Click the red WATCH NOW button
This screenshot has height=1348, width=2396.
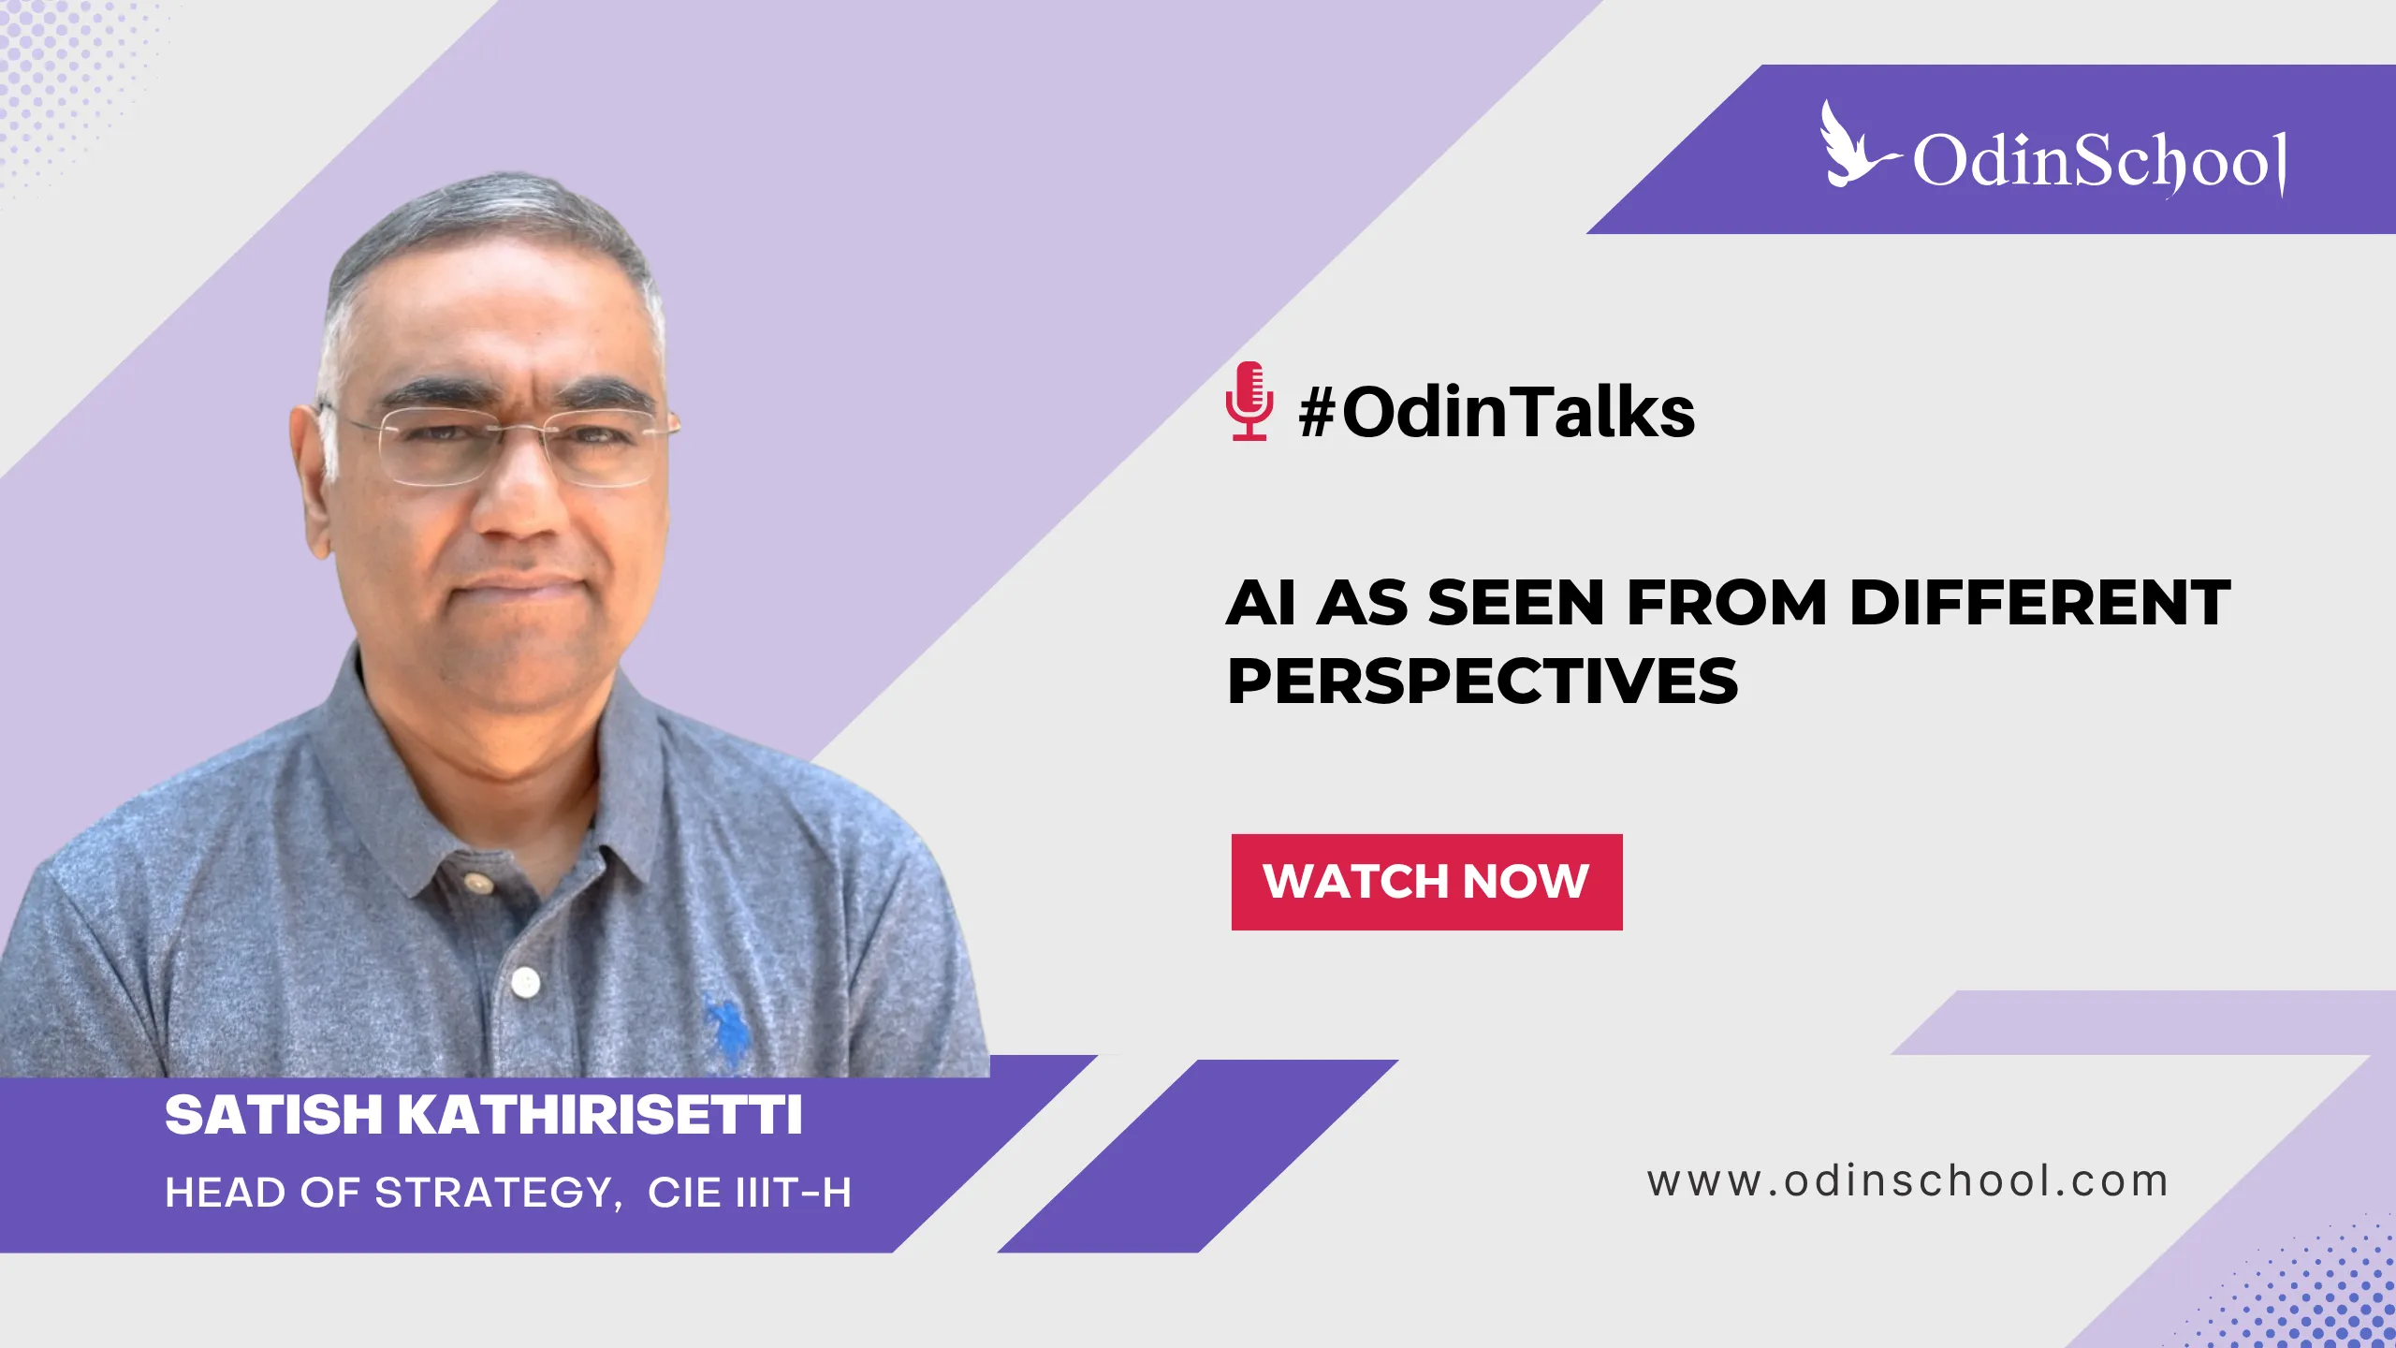(x=1426, y=882)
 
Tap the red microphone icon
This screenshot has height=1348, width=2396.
(x=1249, y=402)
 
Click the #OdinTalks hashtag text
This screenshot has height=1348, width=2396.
(x=1497, y=412)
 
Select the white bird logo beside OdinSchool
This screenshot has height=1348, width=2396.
(x=1854, y=146)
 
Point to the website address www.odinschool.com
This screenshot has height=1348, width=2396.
(x=1907, y=1181)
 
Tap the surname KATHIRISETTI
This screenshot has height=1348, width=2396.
(x=600, y=1115)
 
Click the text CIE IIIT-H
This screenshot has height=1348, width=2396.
(x=750, y=1193)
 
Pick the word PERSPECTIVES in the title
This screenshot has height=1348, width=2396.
(x=1483, y=681)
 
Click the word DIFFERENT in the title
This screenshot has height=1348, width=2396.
(x=2040, y=602)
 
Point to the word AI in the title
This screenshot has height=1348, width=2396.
(x=1261, y=602)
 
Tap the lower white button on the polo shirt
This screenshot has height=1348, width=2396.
(x=526, y=982)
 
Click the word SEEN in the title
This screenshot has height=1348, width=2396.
(x=1515, y=602)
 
